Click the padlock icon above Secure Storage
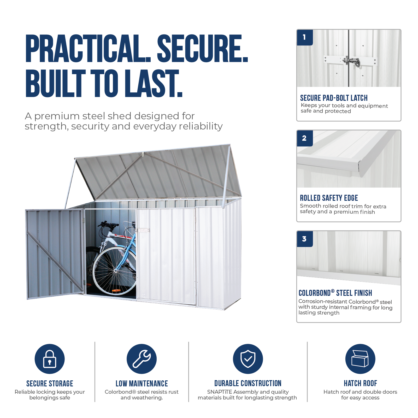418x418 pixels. [x=50, y=359]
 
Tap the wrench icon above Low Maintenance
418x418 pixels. [x=142, y=359]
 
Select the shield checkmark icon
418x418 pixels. [x=248, y=359]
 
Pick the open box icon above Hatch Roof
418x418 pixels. [x=360, y=359]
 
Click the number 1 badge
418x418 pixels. [x=305, y=37]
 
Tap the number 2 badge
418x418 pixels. [x=305, y=138]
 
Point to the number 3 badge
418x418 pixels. [x=305, y=239]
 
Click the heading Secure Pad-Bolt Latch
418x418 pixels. [x=334, y=98]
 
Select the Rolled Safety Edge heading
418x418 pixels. [x=329, y=198]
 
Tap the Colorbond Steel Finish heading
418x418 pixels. [x=335, y=293]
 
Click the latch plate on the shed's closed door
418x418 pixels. [x=143, y=231]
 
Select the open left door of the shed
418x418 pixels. [x=55, y=254]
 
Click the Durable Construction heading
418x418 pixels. [x=248, y=383]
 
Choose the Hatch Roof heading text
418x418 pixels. [x=360, y=383]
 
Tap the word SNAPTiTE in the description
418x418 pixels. [x=219, y=392]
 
